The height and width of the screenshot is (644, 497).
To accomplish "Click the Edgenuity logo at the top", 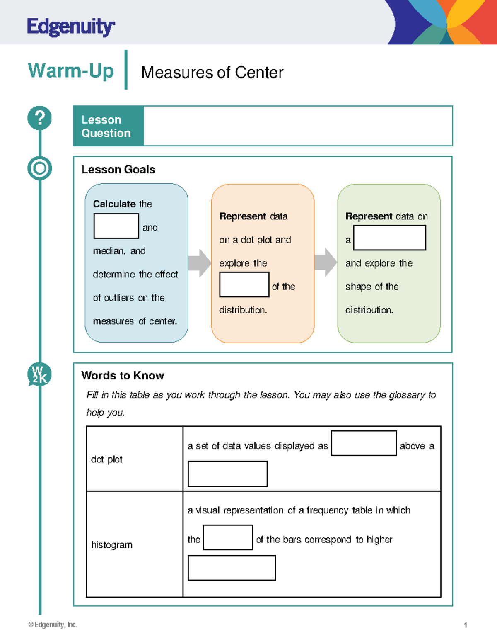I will click(71, 27).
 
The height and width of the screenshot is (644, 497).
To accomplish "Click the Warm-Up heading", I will click(71, 70).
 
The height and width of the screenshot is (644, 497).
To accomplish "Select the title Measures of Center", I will click(212, 73).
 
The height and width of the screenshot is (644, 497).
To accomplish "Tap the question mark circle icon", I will click(40, 118).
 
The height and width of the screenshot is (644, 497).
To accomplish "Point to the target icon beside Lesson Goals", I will click(40, 168).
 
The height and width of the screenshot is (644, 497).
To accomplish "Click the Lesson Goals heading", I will click(118, 170).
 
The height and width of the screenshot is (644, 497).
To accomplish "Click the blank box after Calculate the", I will click(116, 226).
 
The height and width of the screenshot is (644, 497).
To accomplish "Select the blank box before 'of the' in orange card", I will click(244, 284).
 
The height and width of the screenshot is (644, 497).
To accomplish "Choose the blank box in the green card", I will click(389, 238).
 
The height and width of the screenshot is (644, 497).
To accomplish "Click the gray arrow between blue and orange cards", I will click(200, 263).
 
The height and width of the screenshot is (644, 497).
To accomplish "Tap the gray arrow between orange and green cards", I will click(326, 262).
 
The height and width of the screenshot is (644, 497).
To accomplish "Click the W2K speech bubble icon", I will click(39, 374).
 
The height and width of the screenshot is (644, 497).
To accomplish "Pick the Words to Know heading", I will click(123, 376).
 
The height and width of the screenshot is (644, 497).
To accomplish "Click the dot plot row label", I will click(107, 459).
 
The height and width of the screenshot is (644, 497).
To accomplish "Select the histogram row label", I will click(112, 545).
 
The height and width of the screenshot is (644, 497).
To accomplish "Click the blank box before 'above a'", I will click(364, 443).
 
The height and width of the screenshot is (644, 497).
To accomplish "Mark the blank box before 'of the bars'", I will click(228, 537).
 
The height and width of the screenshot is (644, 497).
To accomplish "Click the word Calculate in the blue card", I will click(114, 204).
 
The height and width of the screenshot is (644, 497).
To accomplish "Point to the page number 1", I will click(466, 625).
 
